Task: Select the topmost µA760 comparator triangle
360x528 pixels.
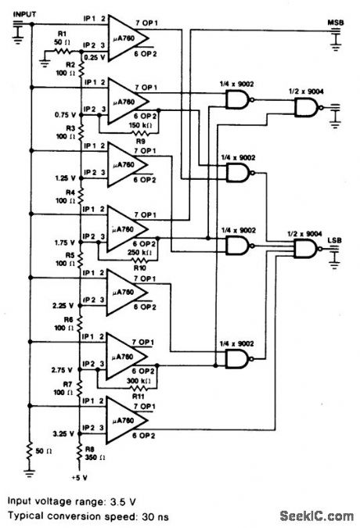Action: (130, 37)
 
